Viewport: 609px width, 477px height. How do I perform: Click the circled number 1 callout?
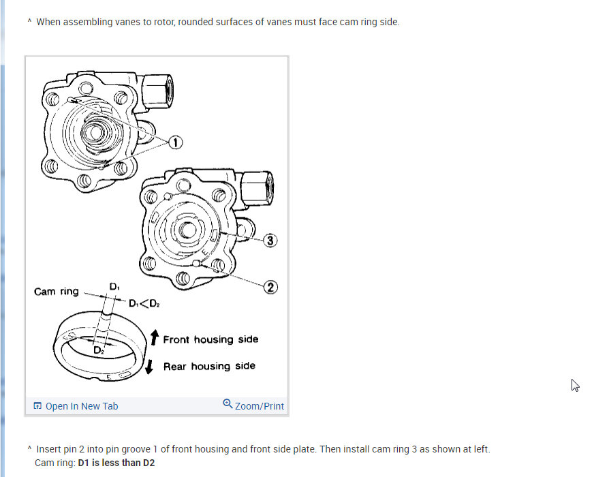(x=176, y=142)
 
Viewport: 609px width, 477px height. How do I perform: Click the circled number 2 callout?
(x=270, y=287)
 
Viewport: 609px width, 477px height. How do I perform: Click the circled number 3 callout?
(x=270, y=241)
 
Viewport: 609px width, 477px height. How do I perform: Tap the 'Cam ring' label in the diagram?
(x=56, y=292)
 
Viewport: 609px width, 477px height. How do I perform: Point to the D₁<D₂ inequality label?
(x=145, y=303)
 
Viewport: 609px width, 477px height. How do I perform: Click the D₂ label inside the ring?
(x=99, y=350)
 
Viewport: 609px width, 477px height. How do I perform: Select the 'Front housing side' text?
(x=210, y=339)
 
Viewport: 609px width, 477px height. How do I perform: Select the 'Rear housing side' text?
(x=209, y=367)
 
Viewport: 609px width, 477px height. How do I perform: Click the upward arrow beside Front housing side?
(x=154, y=337)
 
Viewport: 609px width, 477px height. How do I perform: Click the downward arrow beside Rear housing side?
(x=149, y=367)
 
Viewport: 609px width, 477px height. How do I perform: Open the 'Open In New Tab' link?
(x=81, y=406)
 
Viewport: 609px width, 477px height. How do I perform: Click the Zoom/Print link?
(x=259, y=406)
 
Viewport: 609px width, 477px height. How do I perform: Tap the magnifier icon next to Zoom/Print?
(x=228, y=404)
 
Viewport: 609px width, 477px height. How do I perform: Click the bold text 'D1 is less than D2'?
(x=116, y=463)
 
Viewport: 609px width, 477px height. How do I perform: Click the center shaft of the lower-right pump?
(x=185, y=231)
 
